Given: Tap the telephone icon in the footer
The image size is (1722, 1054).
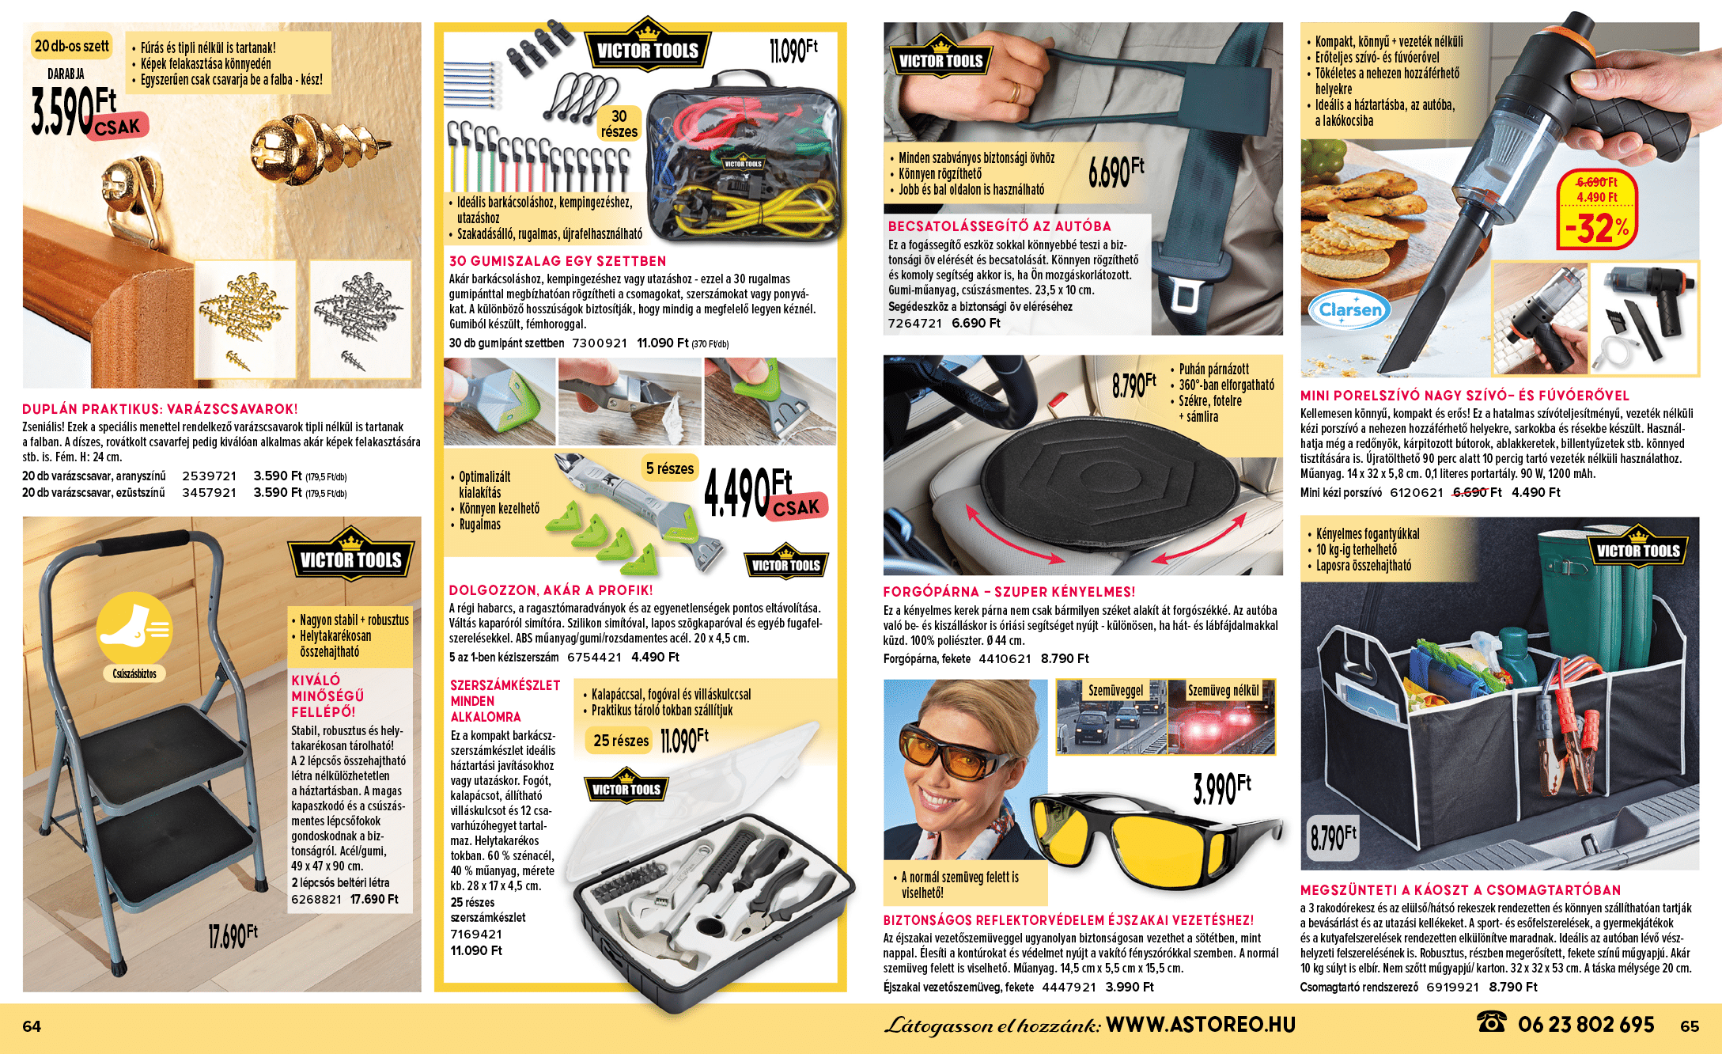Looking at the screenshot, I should click(1491, 1022).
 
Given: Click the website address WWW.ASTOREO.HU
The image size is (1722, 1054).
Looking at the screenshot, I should click(1200, 1025).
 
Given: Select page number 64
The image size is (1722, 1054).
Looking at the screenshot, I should click(32, 1026).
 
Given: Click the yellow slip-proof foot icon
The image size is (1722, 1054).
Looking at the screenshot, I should click(134, 628).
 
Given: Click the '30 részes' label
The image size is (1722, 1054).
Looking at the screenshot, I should click(619, 124).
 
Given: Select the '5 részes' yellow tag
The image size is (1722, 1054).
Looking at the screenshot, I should click(669, 468).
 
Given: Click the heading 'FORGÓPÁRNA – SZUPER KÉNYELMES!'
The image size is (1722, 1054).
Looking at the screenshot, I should click(1009, 592).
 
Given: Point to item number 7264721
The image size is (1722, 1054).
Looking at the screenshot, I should click(915, 323).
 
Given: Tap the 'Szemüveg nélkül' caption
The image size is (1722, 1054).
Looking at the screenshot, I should click(1223, 691).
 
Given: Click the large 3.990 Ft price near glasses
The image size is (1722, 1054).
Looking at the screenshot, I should click(1222, 788).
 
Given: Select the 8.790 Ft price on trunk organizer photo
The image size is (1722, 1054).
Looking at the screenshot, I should click(1333, 837).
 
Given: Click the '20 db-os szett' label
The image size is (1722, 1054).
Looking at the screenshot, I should click(71, 46).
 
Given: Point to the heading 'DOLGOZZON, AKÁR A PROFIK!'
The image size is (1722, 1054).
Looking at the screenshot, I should click(551, 590).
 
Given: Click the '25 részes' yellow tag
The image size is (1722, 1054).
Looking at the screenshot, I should click(621, 741).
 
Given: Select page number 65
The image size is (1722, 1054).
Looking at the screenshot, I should click(1690, 1026).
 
